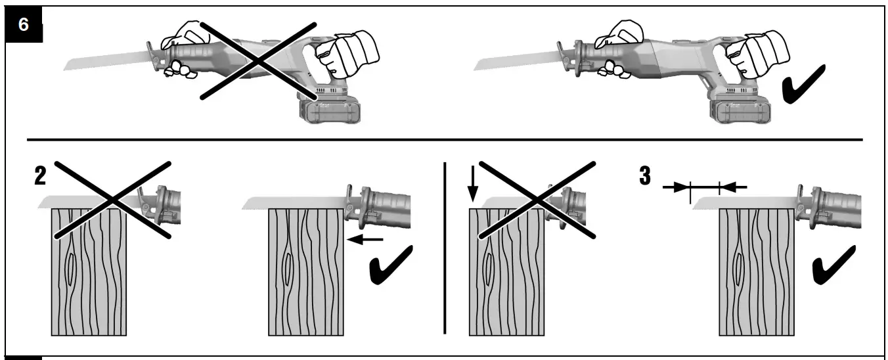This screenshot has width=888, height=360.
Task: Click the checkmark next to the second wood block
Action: click(391, 266)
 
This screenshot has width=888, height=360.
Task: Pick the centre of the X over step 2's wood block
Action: click(113, 198)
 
